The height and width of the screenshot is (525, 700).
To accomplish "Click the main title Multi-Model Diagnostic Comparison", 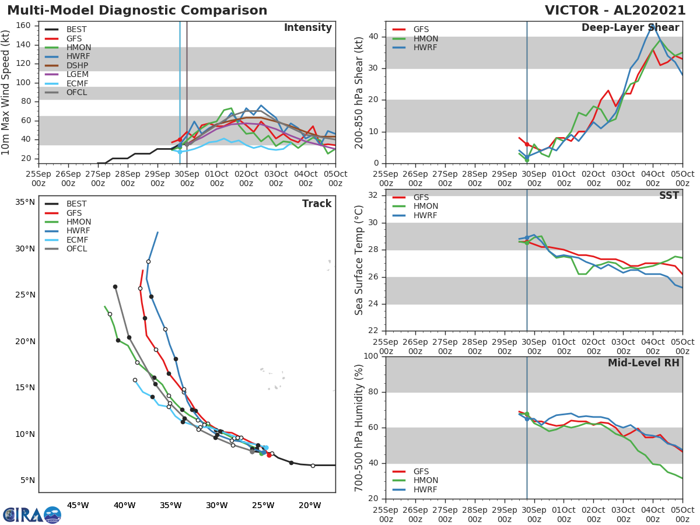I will [137, 10].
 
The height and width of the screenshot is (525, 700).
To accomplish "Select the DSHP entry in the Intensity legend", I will [76, 66].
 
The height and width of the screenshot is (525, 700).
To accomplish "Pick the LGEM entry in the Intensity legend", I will [76, 75].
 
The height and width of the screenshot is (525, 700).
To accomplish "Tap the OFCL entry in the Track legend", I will [76, 249].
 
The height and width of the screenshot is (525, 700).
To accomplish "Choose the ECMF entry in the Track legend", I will [77, 240].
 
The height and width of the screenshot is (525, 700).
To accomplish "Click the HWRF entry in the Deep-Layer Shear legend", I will [425, 47].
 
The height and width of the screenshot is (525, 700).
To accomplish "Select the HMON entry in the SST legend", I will [425, 206].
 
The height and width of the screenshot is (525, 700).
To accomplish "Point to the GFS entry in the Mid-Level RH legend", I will [424, 471].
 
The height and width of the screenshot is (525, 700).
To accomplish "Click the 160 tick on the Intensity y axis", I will [23, 25].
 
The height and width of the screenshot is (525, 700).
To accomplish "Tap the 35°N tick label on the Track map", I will [25, 202].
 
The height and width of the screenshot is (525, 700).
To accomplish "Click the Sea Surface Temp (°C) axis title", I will [359, 260].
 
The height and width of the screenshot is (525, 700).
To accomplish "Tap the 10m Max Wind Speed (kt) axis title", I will [6, 92].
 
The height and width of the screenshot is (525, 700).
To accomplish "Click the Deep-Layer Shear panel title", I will [630, 28].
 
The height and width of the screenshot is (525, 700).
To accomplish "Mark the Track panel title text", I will [317, 204].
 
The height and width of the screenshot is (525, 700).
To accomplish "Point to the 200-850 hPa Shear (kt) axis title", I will [359, 92].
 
